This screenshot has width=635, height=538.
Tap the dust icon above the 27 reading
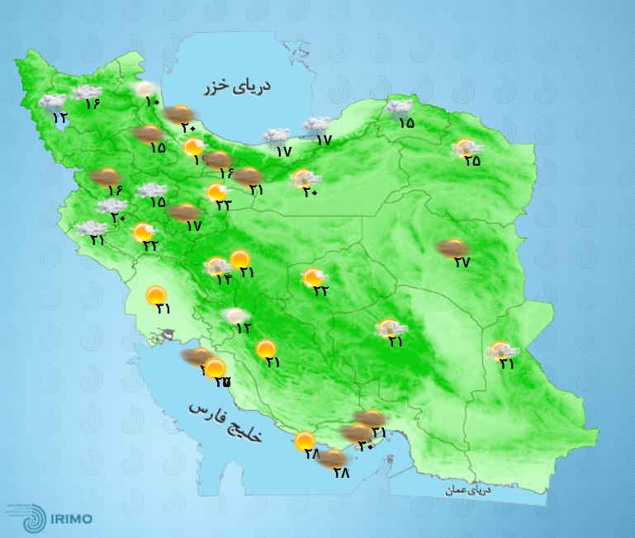(x=452, y=246)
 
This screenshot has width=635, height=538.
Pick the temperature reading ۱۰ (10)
(x=152, y=102)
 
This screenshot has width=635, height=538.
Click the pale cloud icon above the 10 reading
(x=145, y=88)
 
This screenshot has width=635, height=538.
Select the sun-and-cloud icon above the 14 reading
(x=218, y=266)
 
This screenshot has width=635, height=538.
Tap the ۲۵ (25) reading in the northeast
(x=472, y=162)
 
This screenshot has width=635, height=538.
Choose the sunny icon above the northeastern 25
(x=465, y=147)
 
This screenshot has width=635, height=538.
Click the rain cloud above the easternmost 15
(x=399, y=106)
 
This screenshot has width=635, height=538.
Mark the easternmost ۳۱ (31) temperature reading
(x=505, y=364)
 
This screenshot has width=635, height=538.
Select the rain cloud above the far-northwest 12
(x=52, y=102)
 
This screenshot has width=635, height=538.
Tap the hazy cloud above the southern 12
(x=238, y=314)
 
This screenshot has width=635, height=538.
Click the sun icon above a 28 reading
(x=306, y=441)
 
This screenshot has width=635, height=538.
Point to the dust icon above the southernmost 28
(x=334, y=458)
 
